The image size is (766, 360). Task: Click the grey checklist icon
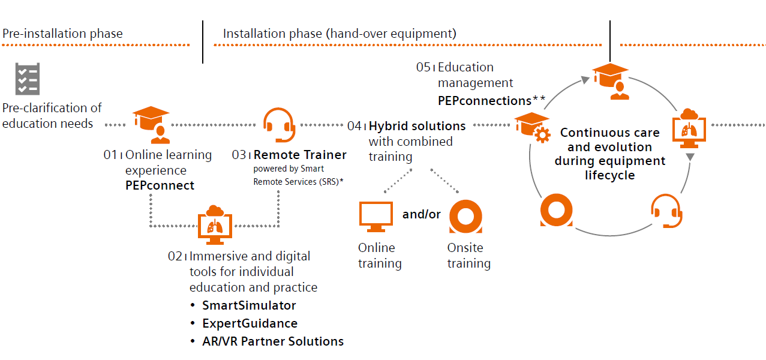27,79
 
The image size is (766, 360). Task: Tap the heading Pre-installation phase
62,34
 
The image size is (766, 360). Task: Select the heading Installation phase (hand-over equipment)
340,34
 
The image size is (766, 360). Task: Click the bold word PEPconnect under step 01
160,185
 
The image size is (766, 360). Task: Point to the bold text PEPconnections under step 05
484,100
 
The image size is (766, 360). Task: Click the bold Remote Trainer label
300,155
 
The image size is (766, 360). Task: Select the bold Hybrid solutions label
417,126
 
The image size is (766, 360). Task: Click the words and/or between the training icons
421,214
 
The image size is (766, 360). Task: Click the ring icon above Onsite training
465,217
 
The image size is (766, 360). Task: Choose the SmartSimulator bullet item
249,305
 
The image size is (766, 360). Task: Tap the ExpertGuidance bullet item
250,323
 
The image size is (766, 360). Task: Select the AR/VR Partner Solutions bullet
273,341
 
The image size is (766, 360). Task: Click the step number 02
175,256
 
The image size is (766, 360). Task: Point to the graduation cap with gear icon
532,127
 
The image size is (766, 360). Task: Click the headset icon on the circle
666,211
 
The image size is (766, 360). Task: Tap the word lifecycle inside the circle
609,175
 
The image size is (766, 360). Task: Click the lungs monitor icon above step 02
214,223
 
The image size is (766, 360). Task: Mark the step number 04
355,126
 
